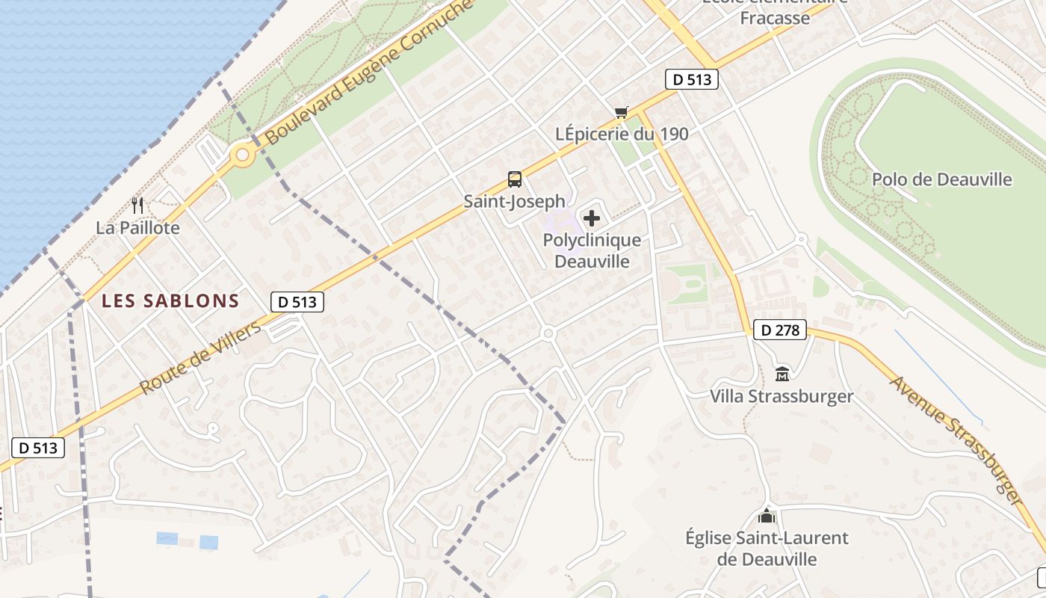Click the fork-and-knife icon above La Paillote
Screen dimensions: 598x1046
(x=137, y=205)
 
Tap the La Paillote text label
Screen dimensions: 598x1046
(x=137, y=228)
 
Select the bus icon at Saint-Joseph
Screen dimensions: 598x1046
(x=515, y=179)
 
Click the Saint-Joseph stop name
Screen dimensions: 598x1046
(x=515, y=201)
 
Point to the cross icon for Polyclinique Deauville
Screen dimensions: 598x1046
(x=592, y=218)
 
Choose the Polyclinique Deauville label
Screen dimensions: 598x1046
(x=592, y=250)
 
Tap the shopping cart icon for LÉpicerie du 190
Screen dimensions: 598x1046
(x=621, y=113)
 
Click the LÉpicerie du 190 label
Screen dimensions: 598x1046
(x=622, y=135)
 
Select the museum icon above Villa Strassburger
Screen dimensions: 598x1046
(x=782, y=374)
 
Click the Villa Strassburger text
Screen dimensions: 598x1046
(x=782, y=396)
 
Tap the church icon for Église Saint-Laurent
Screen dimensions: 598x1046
(x=767, y=516)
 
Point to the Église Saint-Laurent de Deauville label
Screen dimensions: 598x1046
(x=767, y=548)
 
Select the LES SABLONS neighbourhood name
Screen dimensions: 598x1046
(x=170, y=301)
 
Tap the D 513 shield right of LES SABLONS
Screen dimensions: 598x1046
(x=297, y=302)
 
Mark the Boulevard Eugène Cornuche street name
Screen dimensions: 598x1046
(x=370, y=73)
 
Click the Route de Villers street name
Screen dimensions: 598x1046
(x=202, y=357)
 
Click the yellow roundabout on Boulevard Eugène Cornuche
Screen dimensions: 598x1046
(x=241, y=156)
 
